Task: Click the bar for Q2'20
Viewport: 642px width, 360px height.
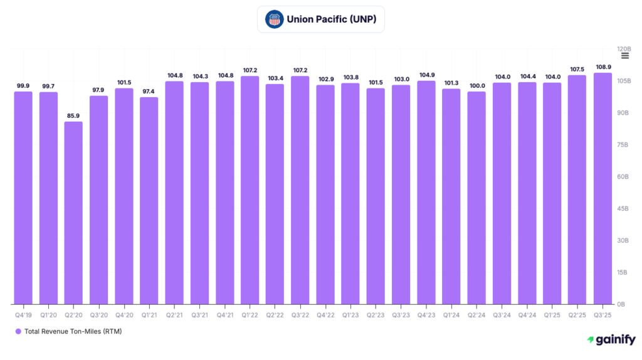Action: (x=73, y=213)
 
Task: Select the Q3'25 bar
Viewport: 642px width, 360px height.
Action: (x=603, y=188)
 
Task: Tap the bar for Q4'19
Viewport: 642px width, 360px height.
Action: (x=23, y=198)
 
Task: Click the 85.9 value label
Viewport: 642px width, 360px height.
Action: (x=73, y=115)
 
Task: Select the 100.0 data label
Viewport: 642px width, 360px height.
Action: (x=476, y=85)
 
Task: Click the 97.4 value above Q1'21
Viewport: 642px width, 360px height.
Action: (x=149, y=92)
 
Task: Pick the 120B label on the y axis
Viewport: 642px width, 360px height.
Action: (x=623, y=49)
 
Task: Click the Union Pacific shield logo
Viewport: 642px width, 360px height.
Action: (x=274, y=19)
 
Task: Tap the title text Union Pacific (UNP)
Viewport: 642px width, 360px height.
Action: (x=332, y=19)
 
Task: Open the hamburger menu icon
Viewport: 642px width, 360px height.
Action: (x=624, y=56)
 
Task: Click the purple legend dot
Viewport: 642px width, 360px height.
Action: (x=18, y=331)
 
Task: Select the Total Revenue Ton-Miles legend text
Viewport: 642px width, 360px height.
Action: (x=73, y=331)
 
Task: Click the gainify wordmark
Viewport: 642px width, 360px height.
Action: (x=615, y=339)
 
